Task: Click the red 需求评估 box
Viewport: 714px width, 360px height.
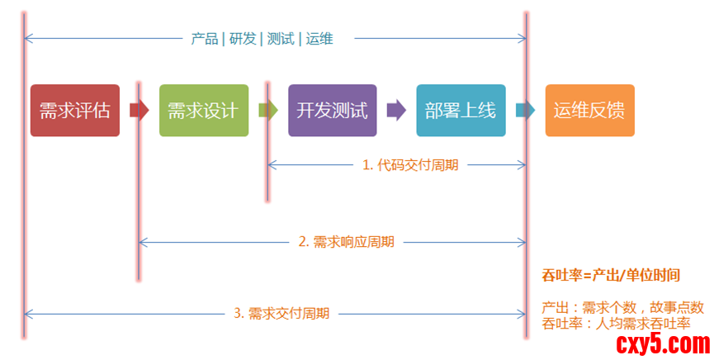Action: pyautogui.click(x=74, y=110)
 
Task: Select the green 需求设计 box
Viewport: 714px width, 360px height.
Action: pyautogui.click(x=203, y=110)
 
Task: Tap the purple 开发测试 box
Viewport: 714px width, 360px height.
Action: pyautogui.click(x=332, y=110)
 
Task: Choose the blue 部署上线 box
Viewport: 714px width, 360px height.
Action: pyautogui.click(x=460, y=110)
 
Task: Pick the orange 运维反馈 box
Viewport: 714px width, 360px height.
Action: pyautogui.click(x=589, y=110)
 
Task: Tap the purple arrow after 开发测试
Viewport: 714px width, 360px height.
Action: pyautogui.click(x=396, y=110)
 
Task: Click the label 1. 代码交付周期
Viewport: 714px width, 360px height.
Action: pyautogui.click(x=410, y=164)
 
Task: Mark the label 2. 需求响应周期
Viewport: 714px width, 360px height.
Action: pyautogui.click(x=346, y=242)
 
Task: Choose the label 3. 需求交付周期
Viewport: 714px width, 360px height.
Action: pyautogui.click(x=281, y=313)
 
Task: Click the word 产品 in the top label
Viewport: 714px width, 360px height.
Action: pyautogui.click(x=204, y=38)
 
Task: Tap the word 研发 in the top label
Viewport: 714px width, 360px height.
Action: pyautogui.click(x=243, y=38)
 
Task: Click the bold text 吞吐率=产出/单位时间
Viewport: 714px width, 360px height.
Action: pyautogui.click(x=615, y=276)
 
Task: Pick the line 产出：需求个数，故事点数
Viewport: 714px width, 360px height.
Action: pyautogui.click(x=622, y=307)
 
